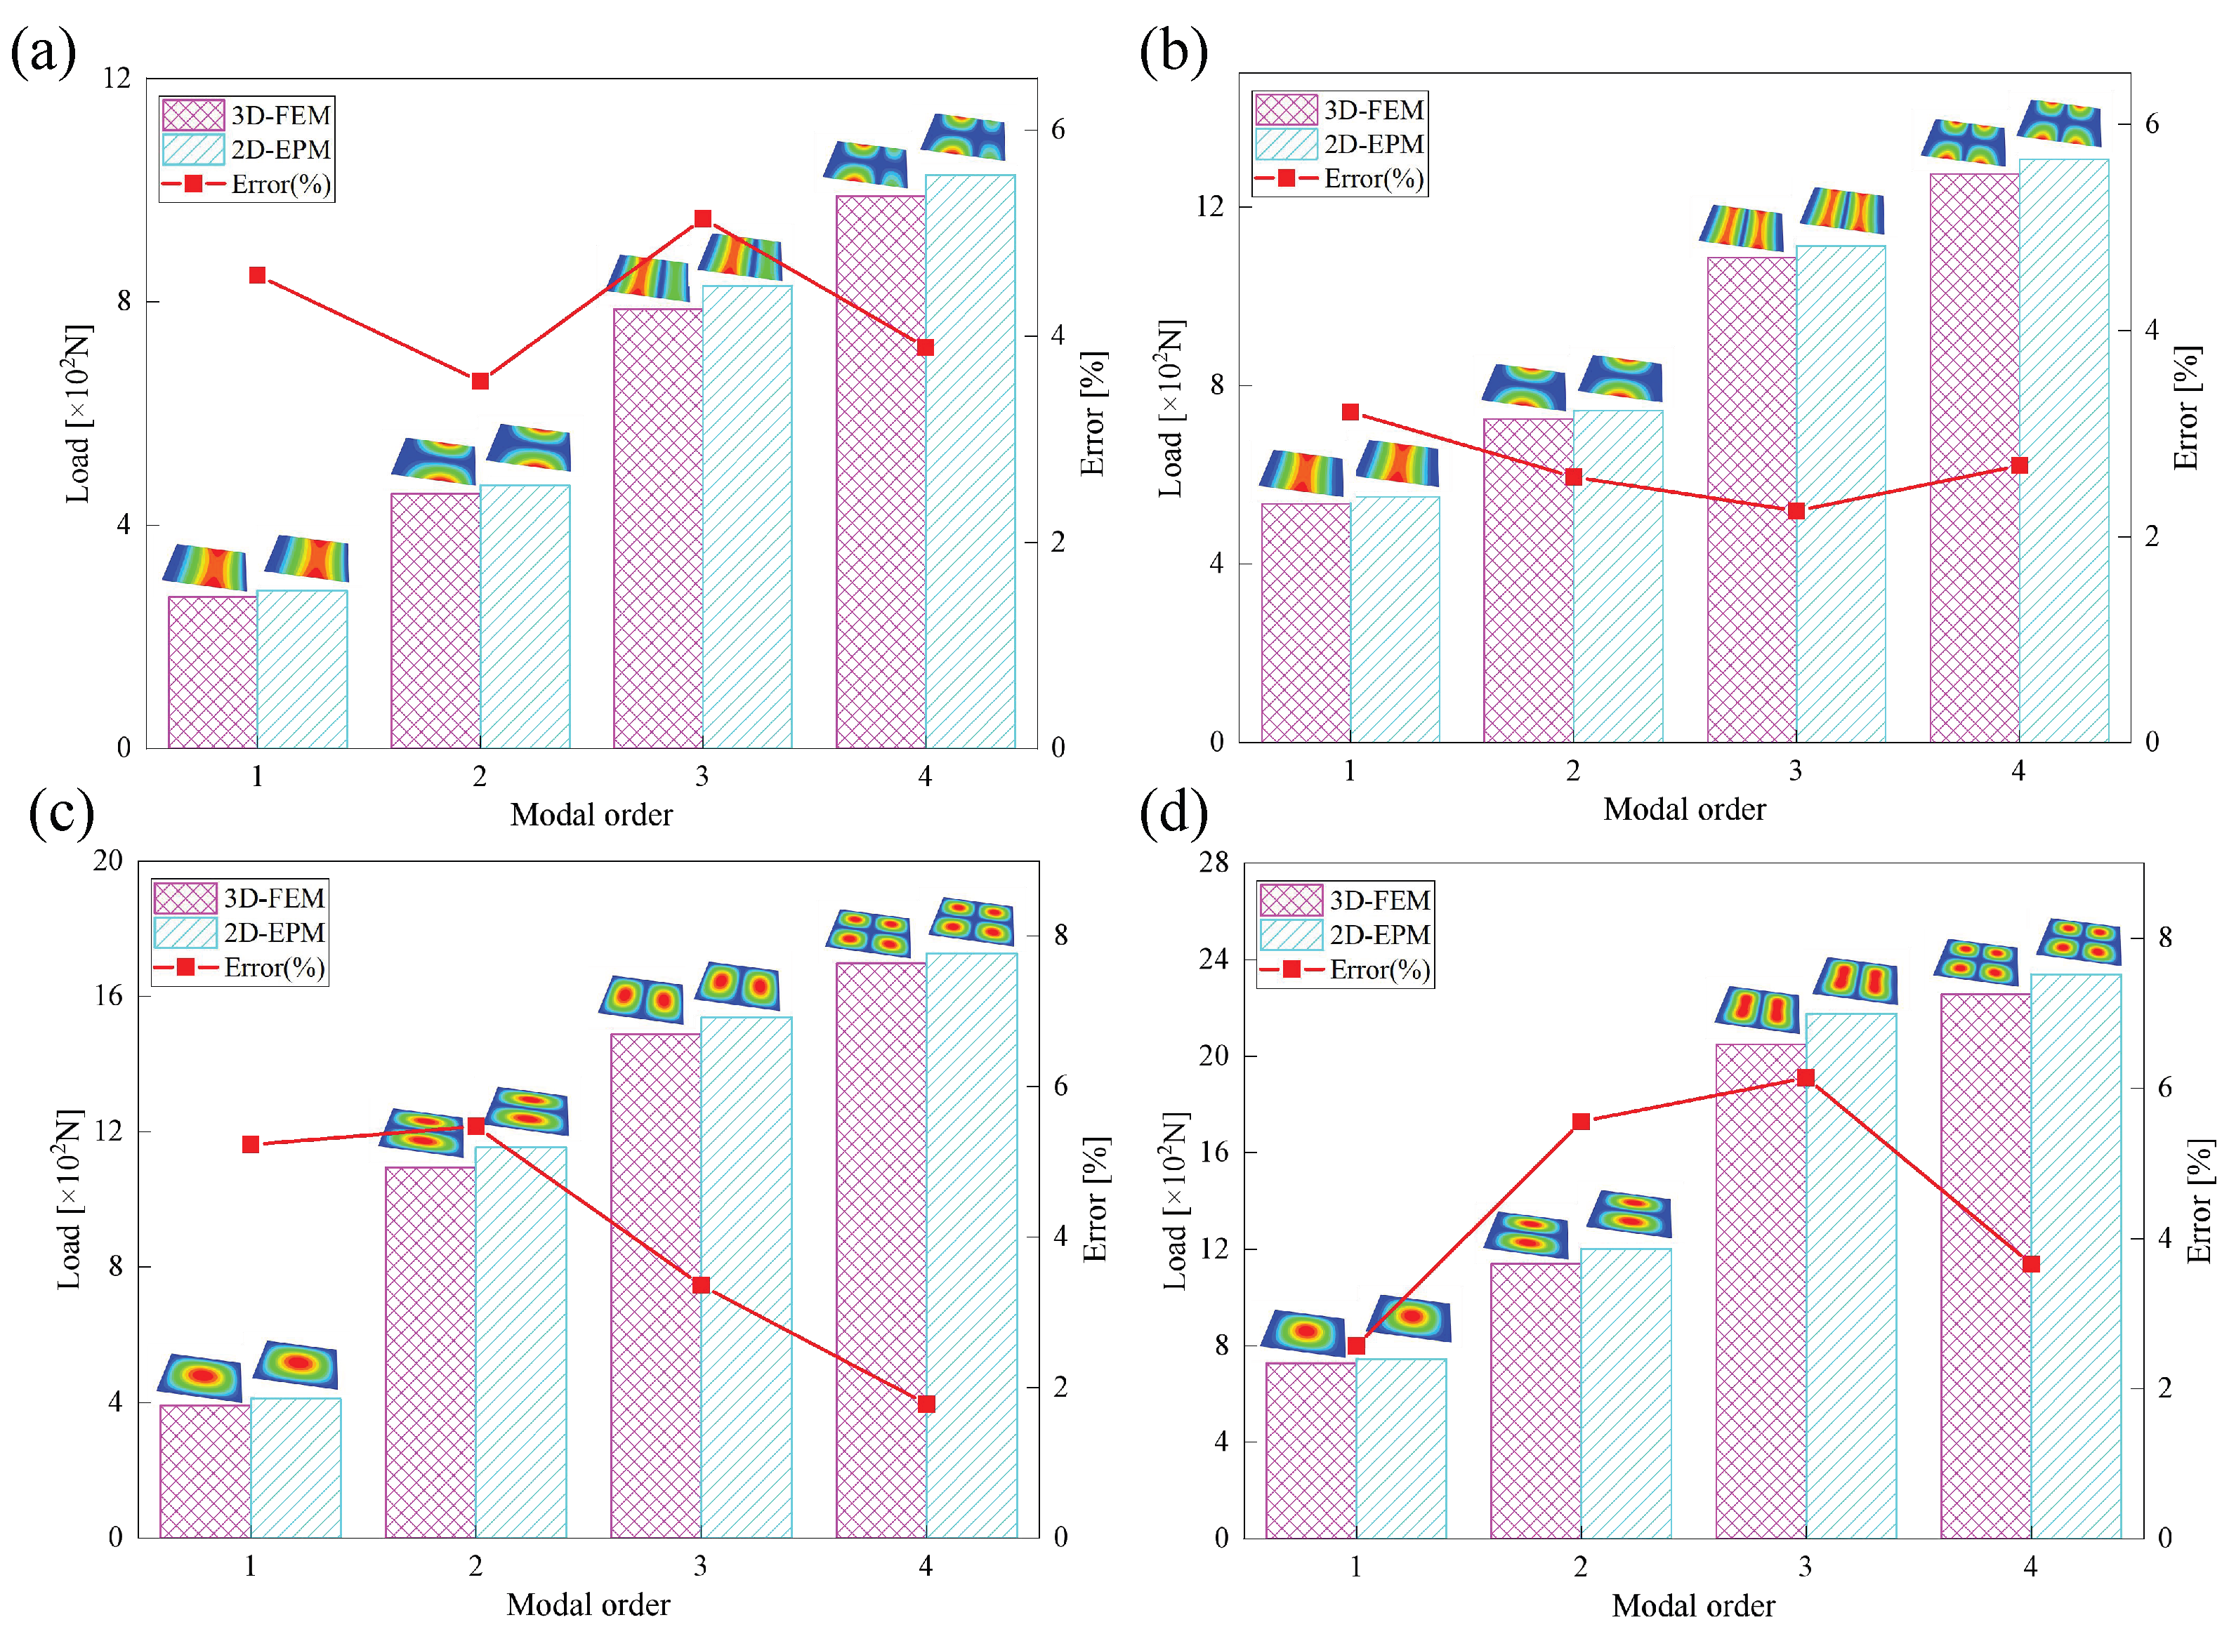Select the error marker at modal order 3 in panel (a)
pos(702,218)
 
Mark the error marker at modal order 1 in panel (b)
pos(1350,413)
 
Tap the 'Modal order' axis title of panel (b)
pos(1684,810)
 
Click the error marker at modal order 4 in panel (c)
pos(926,1404)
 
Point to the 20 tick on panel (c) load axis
pos(108,861)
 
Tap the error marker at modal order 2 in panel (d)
pos(1581,1122)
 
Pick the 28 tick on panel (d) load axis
pos(1214,863)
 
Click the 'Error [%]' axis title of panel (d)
pos(2198,1201)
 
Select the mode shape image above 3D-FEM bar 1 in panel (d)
pos(1303,1331)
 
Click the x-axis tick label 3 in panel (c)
pos(700,1566)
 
